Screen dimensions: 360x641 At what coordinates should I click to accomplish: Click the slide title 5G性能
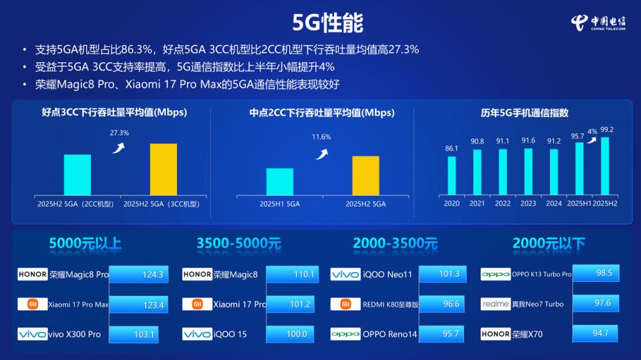pyautogui.click(x=328, y=22)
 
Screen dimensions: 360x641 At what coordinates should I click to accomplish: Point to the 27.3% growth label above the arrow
pyautogui.click(x=120, y=133)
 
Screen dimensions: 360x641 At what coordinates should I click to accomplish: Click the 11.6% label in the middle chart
pyautogui.click(x=321, y=137)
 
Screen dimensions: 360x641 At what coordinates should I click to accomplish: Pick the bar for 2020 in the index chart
pyautogui.click(x=452, y=175)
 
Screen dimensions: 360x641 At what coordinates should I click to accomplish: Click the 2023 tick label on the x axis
pyautogui.click(x=528, y=204)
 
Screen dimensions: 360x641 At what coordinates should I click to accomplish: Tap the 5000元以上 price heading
pyautogui.click(x=85, y=243)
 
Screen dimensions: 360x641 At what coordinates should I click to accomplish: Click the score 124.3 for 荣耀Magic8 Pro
pyautogui.click(x=153, y=275)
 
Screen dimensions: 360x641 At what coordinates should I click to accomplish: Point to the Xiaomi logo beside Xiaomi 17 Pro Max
pyautogui.click(x=33, y=304)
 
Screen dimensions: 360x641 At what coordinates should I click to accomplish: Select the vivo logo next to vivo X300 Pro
pyautogui.click(x=33, y=334)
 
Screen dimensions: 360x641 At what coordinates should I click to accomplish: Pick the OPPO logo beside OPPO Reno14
pyautogui.click(x=345, y=334)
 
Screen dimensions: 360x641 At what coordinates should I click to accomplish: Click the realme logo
pyautogui.click(x=495, y=304)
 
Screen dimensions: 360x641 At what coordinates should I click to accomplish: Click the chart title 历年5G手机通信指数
pyautogui.click(x=524, y=113)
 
